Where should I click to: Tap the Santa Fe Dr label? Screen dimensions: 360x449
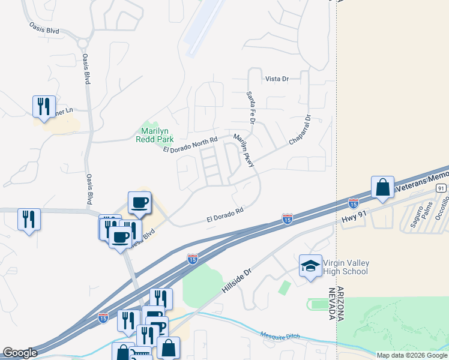tap(251, 109)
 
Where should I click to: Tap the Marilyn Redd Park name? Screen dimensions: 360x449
tap(157, 135)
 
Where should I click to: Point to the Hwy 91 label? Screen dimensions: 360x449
tap(354, 221)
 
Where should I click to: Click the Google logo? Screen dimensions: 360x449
tap(20, 353)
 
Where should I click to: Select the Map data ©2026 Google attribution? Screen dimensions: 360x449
tap(412, 355)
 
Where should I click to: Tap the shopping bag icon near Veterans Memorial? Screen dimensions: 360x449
tap(382, 188)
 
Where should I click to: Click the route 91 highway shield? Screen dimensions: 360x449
tap(441, 188)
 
